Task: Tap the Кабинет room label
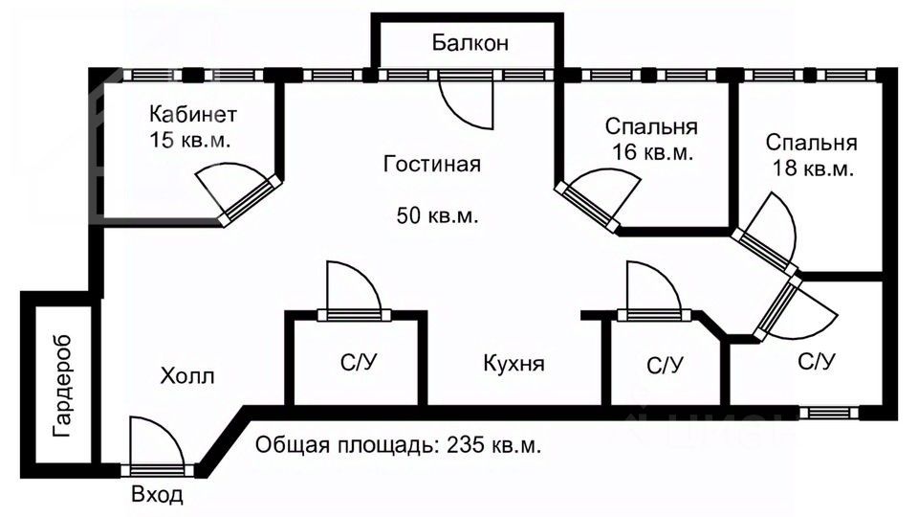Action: pyautogui.click(x=192, y=115)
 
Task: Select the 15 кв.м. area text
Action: pyautogui.click(x=192, y=140)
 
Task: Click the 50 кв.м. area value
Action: pyautogui.click(x=438, y=214)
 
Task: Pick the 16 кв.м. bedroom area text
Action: pyautogui.click(x=651, y=151)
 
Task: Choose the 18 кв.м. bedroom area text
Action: pyautogui.click(x=812, y=169)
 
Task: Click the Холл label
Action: pyautogui.click(x=187, y=376)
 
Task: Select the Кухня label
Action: pyautogui.click(x=514, y=365)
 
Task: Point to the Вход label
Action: pyautogui.click(x=156, y=496)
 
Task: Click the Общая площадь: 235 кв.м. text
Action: pyautogui.click(x=399, y=446)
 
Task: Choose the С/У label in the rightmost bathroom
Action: pyautogui.click(x=817, y=363)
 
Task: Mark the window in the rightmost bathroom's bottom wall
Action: pyautogui.click(x=828, y=413)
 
